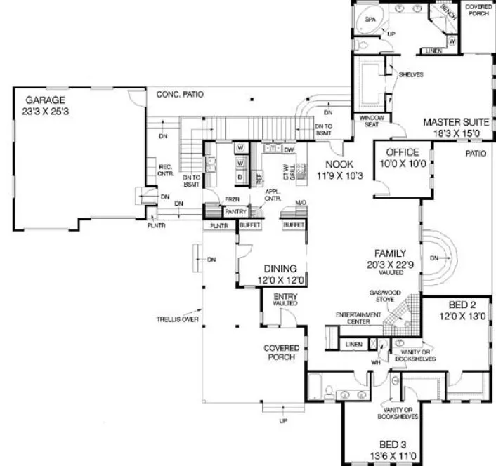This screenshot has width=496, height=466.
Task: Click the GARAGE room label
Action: (x=45, y=100)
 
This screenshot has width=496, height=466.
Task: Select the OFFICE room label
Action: (x=402, y=152)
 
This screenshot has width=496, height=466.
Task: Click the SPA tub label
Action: (x=370, y=20)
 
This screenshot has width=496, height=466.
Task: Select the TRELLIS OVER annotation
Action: (x=176, y=319)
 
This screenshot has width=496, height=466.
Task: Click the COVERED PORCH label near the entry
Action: (x=282, y=353)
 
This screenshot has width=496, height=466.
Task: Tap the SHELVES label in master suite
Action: (x=410, y=75)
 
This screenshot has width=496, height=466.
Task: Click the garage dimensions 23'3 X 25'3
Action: (x=47, y=111)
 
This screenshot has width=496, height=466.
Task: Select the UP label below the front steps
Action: (x=283, y=420)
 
